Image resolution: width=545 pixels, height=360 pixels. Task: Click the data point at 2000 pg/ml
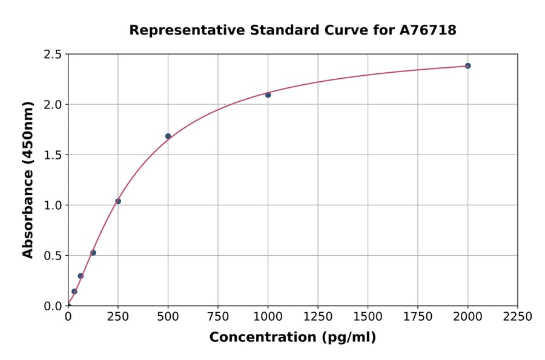click(467, 65)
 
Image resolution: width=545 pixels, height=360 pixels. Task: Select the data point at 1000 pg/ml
click(268, 95)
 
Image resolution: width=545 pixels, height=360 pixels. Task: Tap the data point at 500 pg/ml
click(168, 136)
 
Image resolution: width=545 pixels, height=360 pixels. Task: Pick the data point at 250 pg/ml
click(118, 201)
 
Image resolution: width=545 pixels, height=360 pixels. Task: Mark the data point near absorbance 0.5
click(93, 253)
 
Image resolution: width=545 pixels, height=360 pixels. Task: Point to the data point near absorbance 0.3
click(81, 276)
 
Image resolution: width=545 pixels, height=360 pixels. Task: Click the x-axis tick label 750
click(218, 316)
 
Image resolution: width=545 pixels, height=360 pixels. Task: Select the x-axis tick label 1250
click(318, 316)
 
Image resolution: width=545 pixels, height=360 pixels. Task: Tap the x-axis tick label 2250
click(518, 316)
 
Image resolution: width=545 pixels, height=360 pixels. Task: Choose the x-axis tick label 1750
click(418, 316)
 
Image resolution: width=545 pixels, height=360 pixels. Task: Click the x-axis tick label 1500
click(368, 316)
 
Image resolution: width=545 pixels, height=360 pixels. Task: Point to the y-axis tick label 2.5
click(53, 55)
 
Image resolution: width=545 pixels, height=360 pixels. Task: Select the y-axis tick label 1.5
click(53, 155)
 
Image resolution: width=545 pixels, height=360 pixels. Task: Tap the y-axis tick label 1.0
click(53, 205)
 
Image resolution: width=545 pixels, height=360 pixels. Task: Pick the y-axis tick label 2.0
click(53, 105)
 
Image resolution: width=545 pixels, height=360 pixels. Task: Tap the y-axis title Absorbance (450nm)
click(28, 180)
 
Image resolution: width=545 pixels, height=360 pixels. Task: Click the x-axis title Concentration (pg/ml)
click(292, 338)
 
